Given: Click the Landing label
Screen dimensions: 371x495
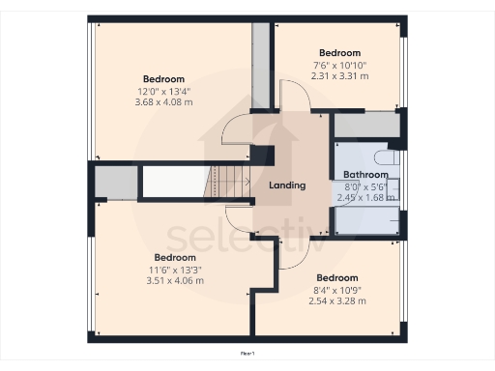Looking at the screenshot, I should (x=287, y=185).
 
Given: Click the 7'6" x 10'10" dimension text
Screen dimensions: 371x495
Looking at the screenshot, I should (x=339, y=65).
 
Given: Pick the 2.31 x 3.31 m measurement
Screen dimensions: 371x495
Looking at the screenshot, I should (x=339, y=75).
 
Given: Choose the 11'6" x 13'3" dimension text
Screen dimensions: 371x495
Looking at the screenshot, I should (x=175, y=270).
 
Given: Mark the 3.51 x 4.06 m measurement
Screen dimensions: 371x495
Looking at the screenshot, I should (x=175, y=281).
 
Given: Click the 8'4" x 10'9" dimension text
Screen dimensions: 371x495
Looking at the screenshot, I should (x=336, y=289).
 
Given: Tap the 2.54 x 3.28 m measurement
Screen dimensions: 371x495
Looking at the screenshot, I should (x=336, y=300).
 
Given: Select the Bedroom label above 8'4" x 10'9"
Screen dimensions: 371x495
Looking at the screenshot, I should (x=336, y=277).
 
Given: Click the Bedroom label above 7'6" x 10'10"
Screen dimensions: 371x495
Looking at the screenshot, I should (x=339, y=53).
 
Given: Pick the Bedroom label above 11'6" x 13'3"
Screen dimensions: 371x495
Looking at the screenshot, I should (x=175, y=258).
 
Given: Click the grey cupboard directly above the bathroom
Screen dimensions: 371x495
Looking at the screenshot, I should (x=365, y=125).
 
